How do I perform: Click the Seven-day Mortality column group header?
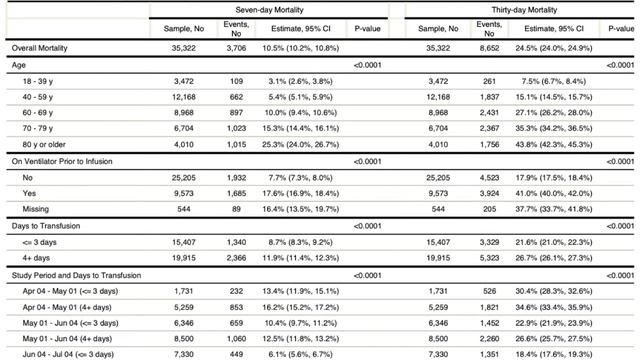(269, 10)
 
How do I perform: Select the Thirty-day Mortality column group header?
(524, 10)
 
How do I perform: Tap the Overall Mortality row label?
(39, 48)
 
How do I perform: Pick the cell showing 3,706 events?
(236, 48)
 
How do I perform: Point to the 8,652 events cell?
(489, 48)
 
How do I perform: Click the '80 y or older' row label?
(44, 144)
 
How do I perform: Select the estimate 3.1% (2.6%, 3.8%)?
(300, 81)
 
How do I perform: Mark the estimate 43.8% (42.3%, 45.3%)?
(553, 144)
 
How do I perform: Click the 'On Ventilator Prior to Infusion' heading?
(62, 162)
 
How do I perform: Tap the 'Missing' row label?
(36, 209)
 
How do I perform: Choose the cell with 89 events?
(236, 209)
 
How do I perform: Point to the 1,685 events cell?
(236, 193)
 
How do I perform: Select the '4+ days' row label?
(36, 258)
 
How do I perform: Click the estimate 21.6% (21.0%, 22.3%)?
(553, 242)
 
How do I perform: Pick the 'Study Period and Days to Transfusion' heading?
(76, 276)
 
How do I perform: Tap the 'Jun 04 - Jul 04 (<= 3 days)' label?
(68, 354)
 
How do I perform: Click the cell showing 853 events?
(236, 307)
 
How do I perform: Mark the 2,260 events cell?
(489, 339)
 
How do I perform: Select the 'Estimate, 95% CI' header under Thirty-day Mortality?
(554, 29)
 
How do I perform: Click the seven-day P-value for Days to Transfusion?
(367, 226)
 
